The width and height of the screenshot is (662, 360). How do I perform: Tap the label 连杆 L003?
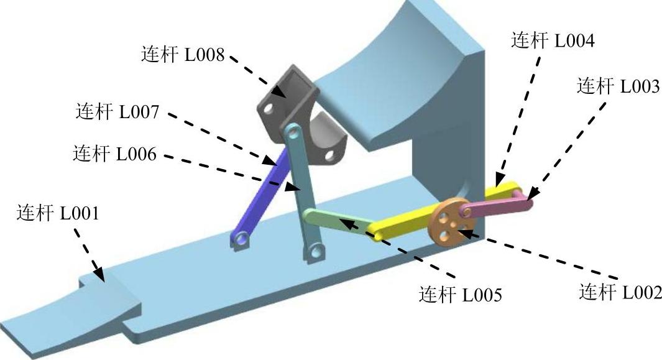click(x=618, y=86)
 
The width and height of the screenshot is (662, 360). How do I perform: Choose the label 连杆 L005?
click(x=461, y=293)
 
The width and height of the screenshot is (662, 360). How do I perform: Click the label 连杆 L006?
click(x=114, y=153)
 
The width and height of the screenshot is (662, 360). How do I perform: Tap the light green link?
click(x=336, y=222)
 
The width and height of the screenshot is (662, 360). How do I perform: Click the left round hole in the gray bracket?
click(x=269, y=109)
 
